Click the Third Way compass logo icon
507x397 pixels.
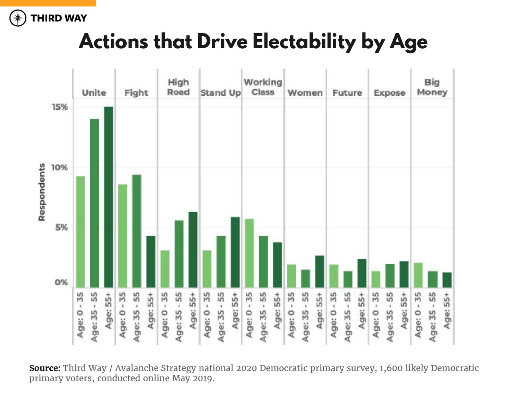[x=18, y=18]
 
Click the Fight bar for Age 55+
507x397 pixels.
[x=151, y=262]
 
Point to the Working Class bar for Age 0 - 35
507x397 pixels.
[x=249, y=253]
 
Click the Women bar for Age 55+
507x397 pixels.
[x=320, y=272]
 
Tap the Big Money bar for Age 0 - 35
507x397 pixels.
[x=418, y=275]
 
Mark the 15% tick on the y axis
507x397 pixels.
[x=60, y=107]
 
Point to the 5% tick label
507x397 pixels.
[x=62, y=227]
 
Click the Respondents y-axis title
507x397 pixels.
[x=41, y=192]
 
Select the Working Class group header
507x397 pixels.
[x=263, y=87]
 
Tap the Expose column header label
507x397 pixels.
[x=389, y=93]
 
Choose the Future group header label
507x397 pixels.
[x=347, y=93]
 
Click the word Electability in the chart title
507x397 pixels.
[x=304, y=42]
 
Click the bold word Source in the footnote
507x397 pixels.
[x=45, y=368]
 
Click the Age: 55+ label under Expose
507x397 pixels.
[x=404, y=310]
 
